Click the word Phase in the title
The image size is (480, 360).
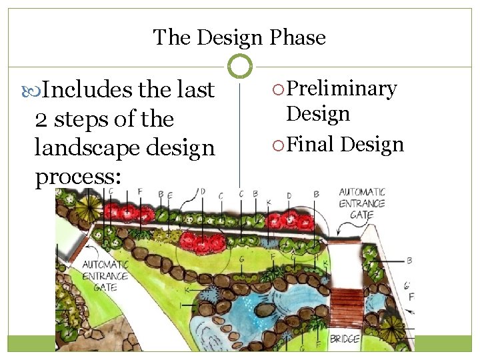pyautogui.click(x=298, y=37)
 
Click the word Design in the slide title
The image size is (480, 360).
pyautogui.click(x=241, y=37)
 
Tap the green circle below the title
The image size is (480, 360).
pyautogui.click(x=240, y=66)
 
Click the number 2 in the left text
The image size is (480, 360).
pyautogui.click(x=40, y=120)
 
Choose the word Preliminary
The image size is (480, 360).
pyautogui.click(x=341, y=89)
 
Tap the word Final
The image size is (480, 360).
pyautogui.click(x=312, y=144)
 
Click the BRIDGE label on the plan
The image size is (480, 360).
pyautogui.click(x=345, y=339)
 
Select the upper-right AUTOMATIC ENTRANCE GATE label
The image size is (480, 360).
pyautogui.click(x=361, y=203)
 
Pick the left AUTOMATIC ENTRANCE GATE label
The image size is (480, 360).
pyautogui.click(x=105, y=275)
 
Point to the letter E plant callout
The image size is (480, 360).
pyautogui.click(x=171, y=195)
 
